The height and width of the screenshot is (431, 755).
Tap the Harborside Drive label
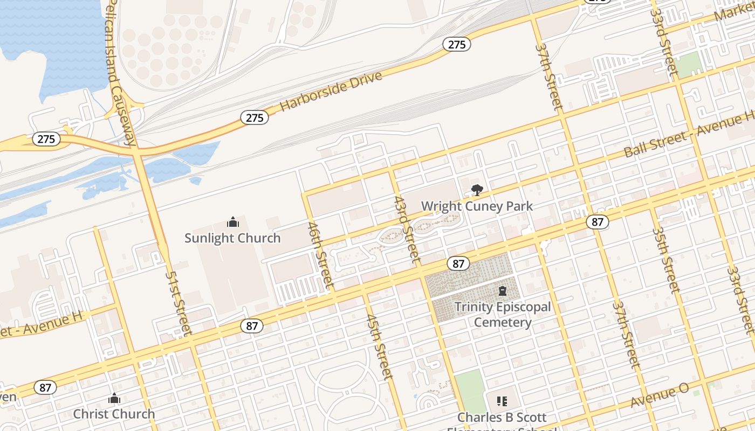(x=331, y=91)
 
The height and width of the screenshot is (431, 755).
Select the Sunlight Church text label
(x=232, y=238)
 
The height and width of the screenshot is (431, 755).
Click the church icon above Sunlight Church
(x=232, y=222)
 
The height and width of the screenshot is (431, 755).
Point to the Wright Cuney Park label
(x=477, y=206)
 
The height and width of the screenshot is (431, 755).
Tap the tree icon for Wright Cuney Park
(x=477, y=190)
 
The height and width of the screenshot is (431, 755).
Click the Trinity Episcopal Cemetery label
(x=503, y=315)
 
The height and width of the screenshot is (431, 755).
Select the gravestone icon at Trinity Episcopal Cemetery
(x=503, y=291)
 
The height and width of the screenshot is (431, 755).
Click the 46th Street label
(x=320, y=254)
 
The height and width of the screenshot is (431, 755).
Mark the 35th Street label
(x=666, y=259)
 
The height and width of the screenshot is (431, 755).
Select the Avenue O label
(x=660, y=397)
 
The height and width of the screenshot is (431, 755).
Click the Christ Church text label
(x=114, y=414)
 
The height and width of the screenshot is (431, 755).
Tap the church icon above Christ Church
(x=114, y=399)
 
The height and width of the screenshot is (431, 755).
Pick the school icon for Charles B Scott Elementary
(x=502, y=401)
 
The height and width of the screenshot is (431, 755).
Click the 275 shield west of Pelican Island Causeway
(x=46, y=139)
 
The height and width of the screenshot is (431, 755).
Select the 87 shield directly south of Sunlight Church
(x=252, y=325)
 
